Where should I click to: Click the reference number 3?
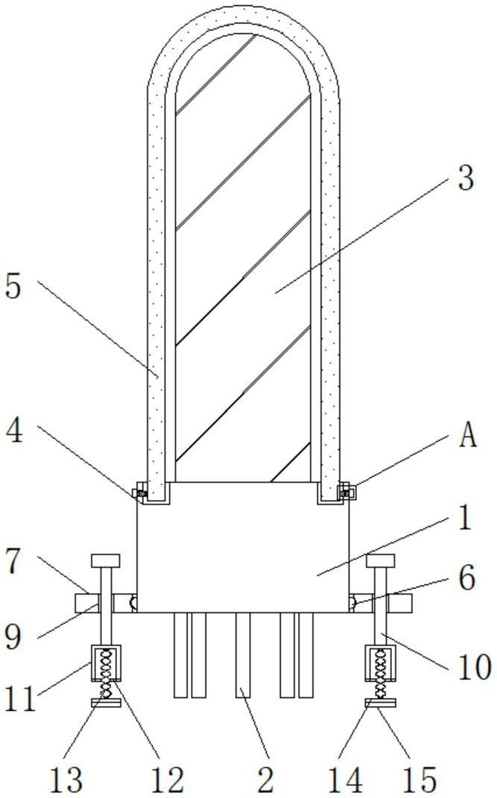pos(466,178)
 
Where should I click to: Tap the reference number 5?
pos(13,287)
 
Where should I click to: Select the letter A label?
pos(467,437)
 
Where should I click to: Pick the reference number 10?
pos(475,667)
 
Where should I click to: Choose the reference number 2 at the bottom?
pos(266,779)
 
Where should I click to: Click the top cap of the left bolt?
pos(105,560)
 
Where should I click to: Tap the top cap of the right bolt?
pos(380,560)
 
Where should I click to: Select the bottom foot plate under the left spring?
pos(106,703)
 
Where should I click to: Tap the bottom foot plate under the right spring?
pos(380,703)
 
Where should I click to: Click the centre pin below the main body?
pos(243,654)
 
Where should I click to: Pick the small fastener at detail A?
pos(345,492)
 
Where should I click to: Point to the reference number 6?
pos(466,577)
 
